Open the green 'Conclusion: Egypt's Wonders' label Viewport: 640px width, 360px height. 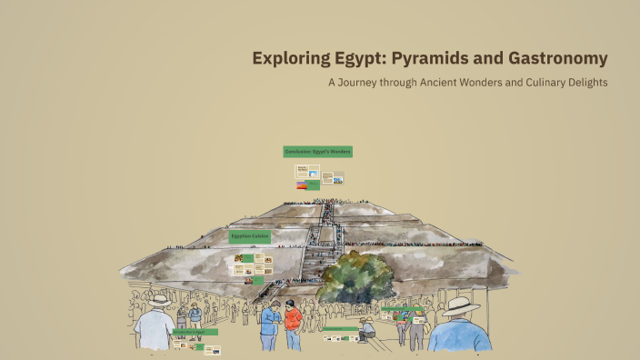click(x=317, y=152)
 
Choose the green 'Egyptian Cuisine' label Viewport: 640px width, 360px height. click(x=250, y=236)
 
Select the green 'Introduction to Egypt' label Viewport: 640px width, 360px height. click(x=195, y=332)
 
